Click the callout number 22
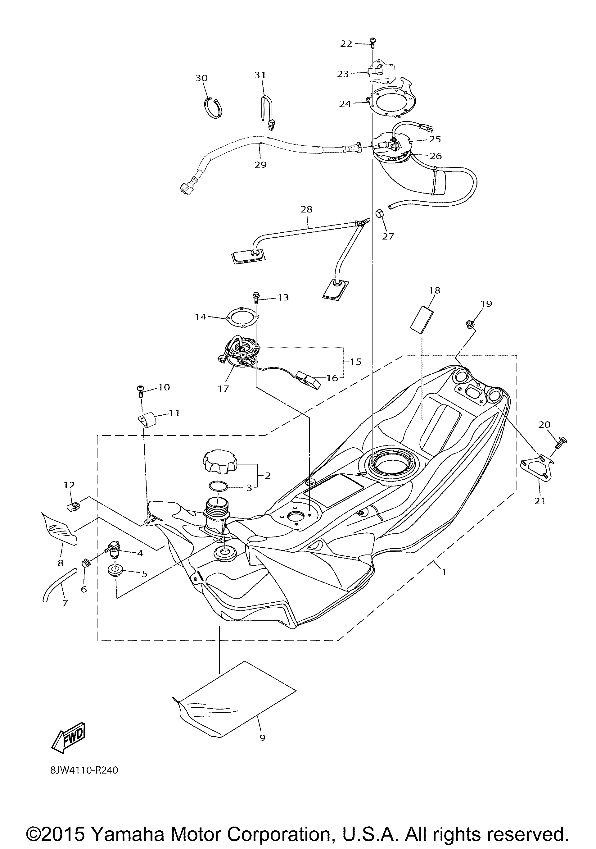[x=346, y=43]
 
